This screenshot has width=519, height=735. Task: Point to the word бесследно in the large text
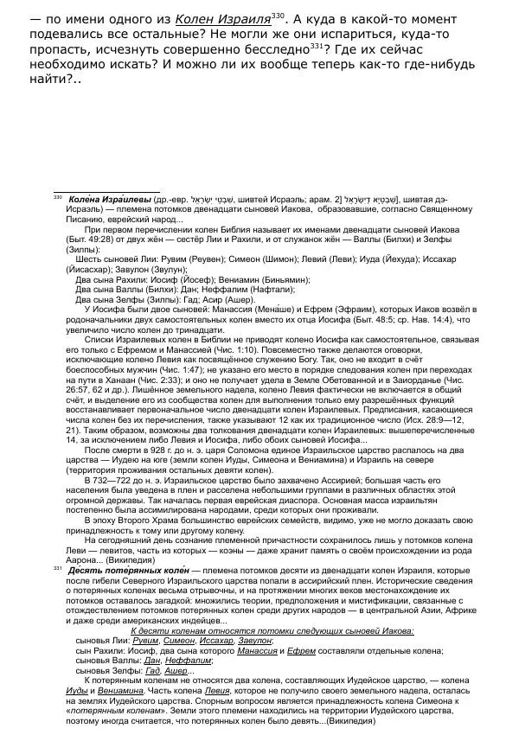coord(269,53)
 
